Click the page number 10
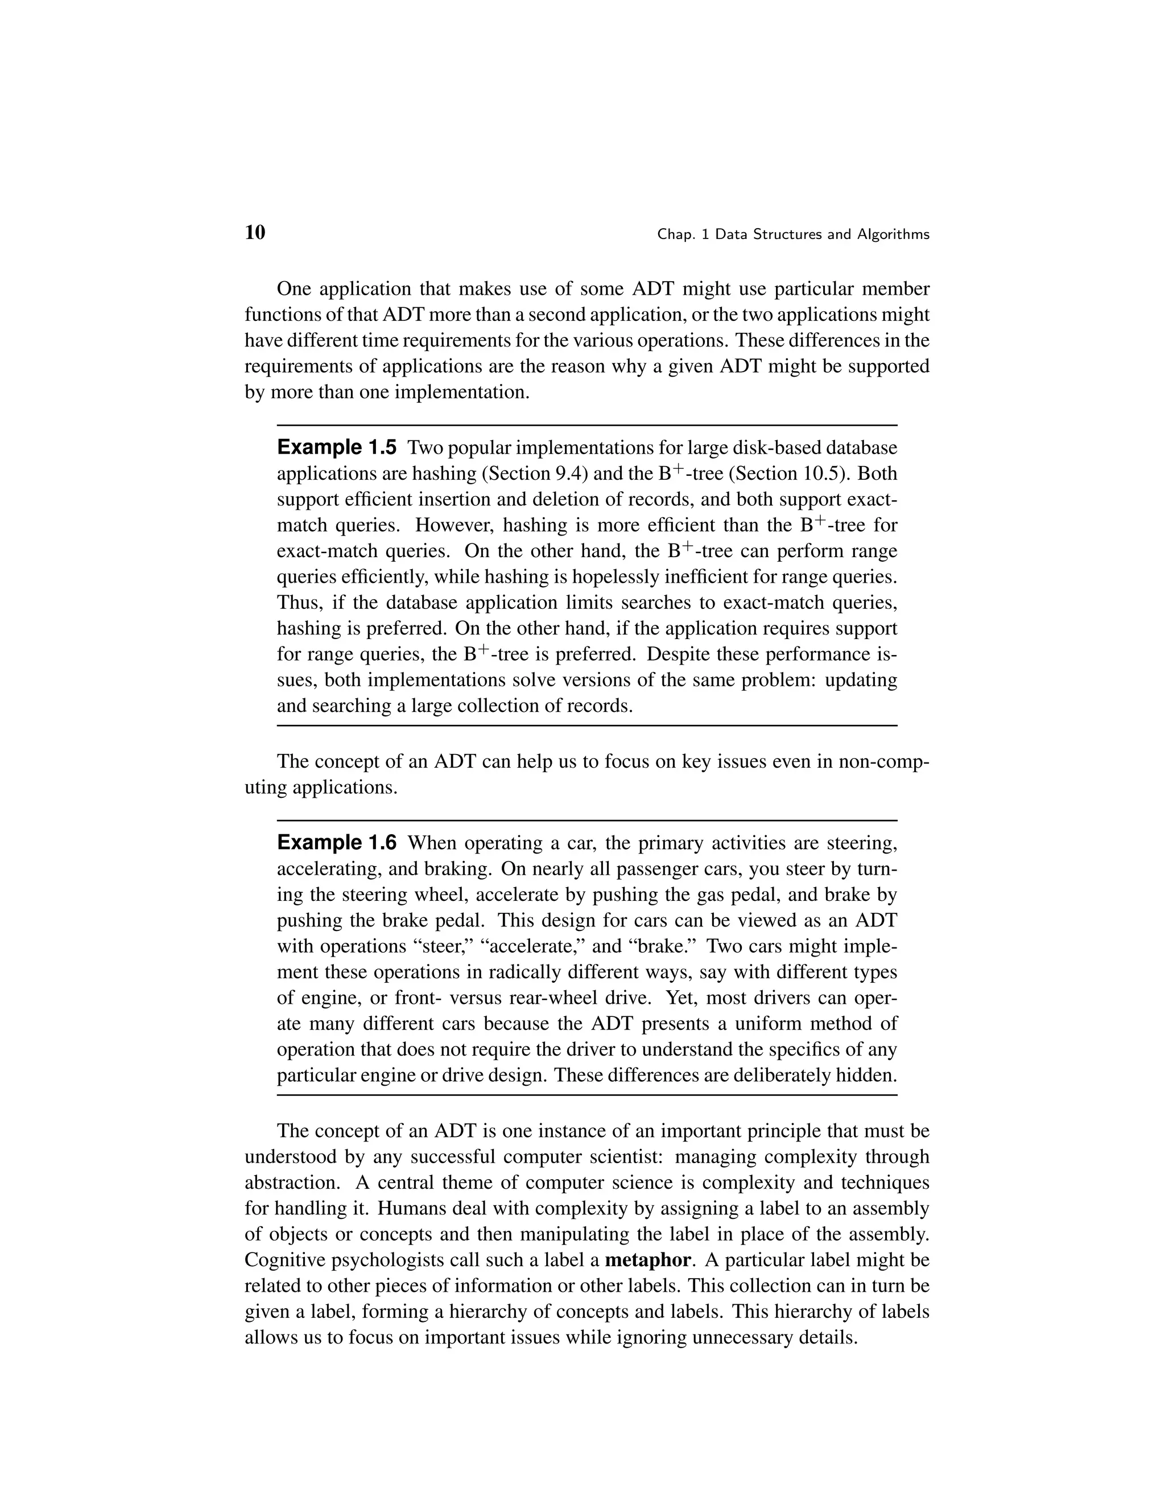tap(255, 233)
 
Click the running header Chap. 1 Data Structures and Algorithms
tap(793, 235)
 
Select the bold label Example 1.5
tap(336, 447)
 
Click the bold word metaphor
tap(647, 1260)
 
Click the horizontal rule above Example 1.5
tap(586, 425)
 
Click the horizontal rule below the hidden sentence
tap(586, 1095)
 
